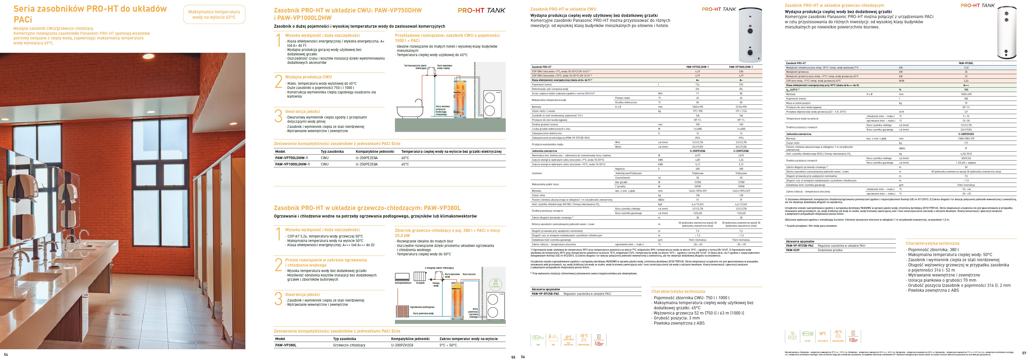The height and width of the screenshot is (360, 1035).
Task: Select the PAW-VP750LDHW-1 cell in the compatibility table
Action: [291, 158]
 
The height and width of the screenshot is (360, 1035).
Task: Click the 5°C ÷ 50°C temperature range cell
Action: [448, 345]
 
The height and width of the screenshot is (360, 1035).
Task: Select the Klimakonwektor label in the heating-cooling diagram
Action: [403, 283]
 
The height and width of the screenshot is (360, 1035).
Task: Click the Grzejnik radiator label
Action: [420, 283]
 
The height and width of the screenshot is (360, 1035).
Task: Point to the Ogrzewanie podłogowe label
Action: [422, 307]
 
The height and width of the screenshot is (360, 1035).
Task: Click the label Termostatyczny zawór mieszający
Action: [415, 67]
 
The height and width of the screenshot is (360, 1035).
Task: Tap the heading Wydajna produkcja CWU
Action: [308, 77]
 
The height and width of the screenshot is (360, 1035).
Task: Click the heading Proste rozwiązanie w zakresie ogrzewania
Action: [326, 260]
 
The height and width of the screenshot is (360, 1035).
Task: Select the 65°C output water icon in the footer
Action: [568, 340]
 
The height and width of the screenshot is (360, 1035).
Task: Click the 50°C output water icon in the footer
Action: [823, 336]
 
